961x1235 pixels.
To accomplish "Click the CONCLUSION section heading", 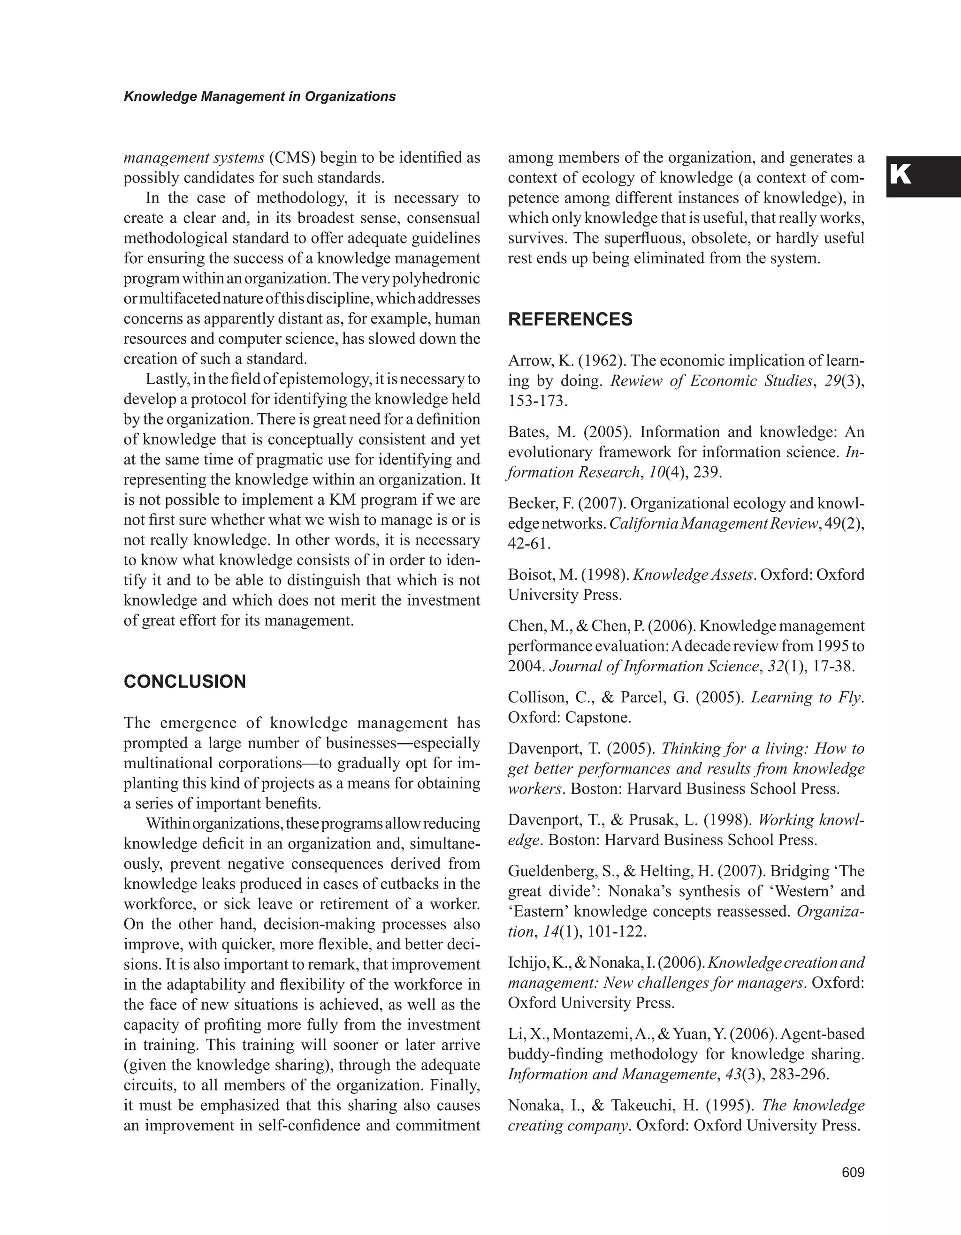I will pyautogui.click(x=184, y=682).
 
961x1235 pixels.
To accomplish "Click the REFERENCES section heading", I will pyautogui.click(x=570, y=319).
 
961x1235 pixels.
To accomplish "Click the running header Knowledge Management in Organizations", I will pyautogui.click(x=259, y=97).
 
